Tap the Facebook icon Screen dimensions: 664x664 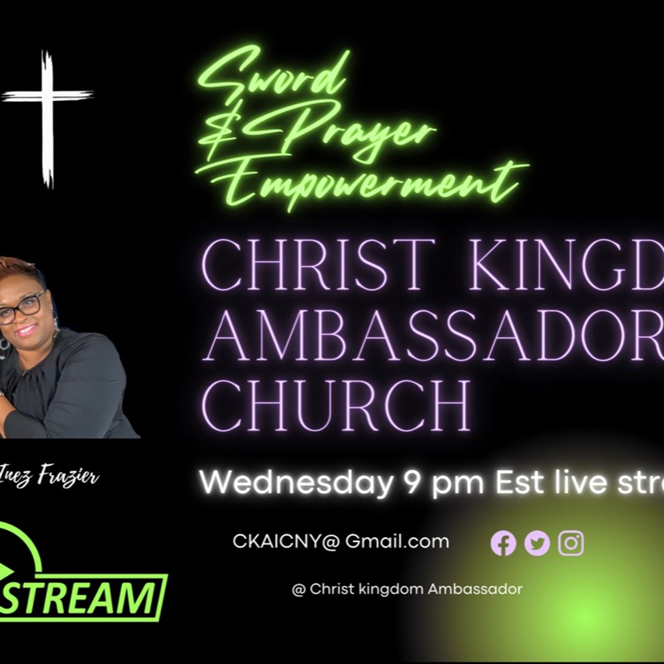pos(503,543)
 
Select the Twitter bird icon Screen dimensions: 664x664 pos(537,543)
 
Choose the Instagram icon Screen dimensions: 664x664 pos(571,543)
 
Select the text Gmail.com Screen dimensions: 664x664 pos(397,542)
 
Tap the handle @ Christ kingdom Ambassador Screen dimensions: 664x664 pos(407,589)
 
